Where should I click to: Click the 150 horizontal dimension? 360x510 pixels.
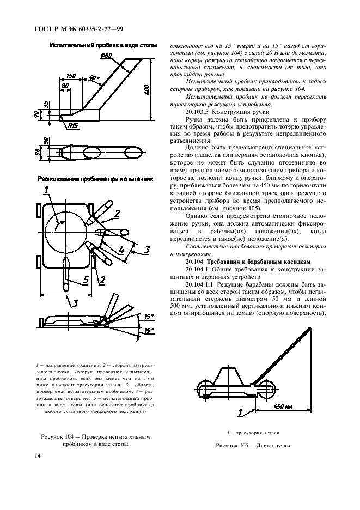(71, 76)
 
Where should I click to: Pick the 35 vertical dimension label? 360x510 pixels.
(47, 104)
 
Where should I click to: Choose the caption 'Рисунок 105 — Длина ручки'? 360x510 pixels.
(253, 445)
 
